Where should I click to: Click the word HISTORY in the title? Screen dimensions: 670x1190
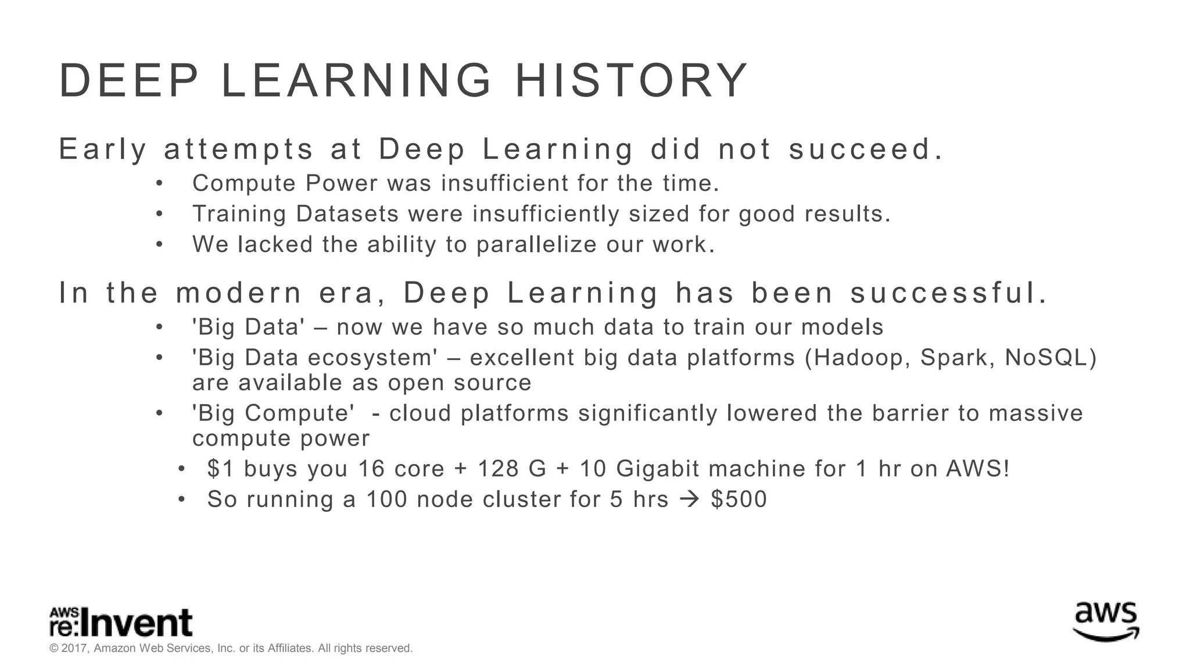(x=632, y=81)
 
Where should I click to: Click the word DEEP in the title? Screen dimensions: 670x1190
(x=129, y=81)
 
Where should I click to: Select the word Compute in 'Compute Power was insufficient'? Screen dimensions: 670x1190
(x=244, y=184)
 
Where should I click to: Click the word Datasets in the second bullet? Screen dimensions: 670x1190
(x=347, y=214)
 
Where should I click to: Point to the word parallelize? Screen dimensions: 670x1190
(x=536, y=245)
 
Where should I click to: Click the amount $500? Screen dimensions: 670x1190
(x=739, y=500)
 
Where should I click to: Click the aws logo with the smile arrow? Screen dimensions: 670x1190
(x=1105, y=622)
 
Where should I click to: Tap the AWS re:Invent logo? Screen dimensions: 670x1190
(x=120, y=623)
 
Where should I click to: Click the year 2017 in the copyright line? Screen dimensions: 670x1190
(x=74, y=648)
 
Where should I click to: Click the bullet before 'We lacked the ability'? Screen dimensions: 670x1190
(x=159, y=245)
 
